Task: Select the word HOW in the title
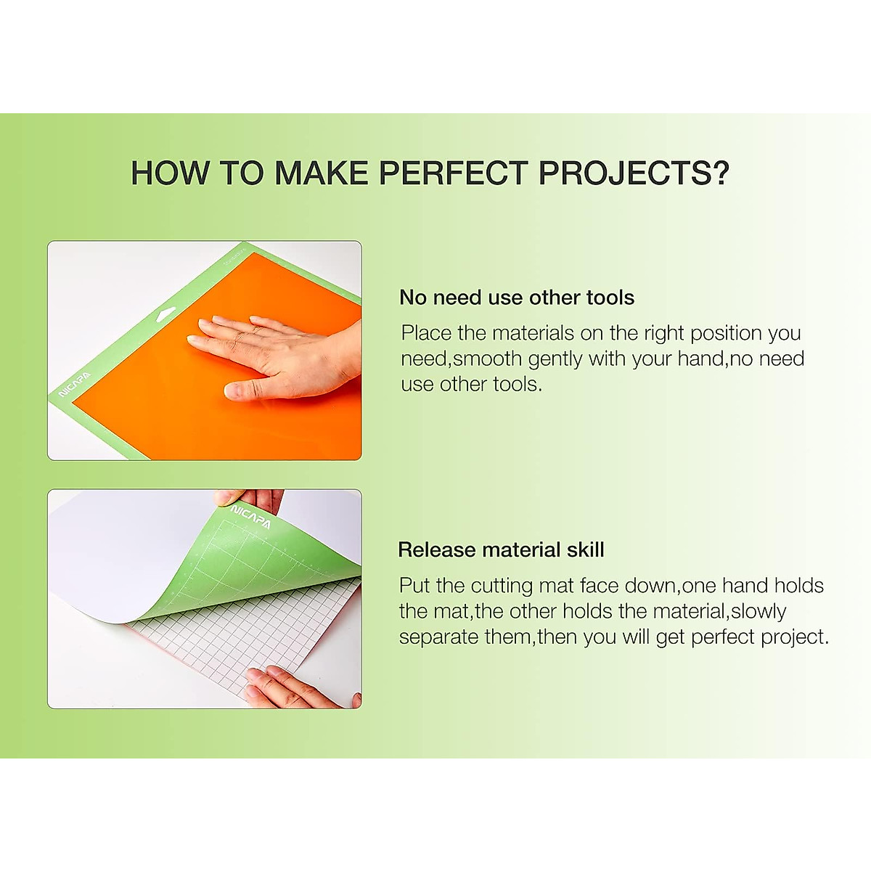pyautogui.click(x=170, y=173)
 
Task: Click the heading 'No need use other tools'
pyautogui.click(x=517, y=298)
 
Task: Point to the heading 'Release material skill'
pyautogui.click(x=501, y=549)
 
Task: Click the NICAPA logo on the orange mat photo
pyautogui.click(x=74, y=385)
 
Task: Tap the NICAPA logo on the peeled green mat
pyautogui.click(x=250, y=517)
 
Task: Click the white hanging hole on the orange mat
pyautogui.click(x=166, y=314)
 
